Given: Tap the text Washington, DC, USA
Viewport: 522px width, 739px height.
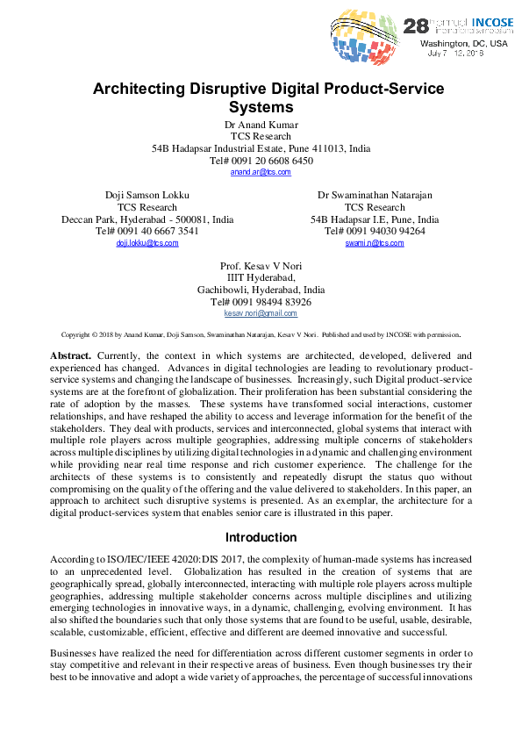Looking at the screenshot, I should (463, 43).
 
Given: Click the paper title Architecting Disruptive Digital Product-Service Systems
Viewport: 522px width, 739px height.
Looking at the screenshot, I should (268, 98).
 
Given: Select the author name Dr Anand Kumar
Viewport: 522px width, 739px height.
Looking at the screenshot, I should (261, 125).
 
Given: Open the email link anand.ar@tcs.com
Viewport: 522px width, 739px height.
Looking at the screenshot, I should (261, 173).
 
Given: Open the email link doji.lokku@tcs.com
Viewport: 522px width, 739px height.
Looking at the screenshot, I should (147, 243).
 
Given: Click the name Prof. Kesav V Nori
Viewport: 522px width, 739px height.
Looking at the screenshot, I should (261, 265).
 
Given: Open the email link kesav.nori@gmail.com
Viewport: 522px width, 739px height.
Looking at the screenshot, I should (261, 313).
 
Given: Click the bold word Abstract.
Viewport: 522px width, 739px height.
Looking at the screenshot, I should (70, 355).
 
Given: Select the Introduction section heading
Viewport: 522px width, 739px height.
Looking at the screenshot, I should (261, 537).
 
